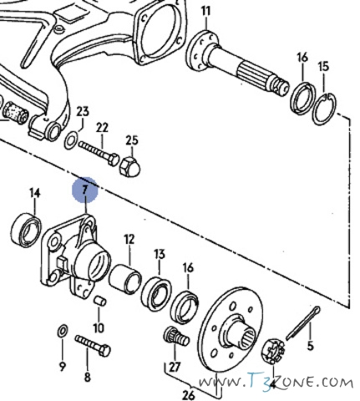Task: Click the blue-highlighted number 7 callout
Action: point(85,190)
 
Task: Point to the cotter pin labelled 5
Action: point(303,323)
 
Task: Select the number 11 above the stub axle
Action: point(206,12)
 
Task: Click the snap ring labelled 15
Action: point(324,109)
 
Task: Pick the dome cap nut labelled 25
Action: point(129,166)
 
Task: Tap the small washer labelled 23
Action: point(71,140)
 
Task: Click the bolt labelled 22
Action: point(99,153)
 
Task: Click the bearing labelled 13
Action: point(156,294)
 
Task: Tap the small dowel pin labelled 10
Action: point(100,301)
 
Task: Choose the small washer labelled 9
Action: point(62,331)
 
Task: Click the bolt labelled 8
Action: point(93,346)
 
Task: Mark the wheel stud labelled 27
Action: point(176,337)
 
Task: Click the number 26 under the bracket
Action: point(190,395)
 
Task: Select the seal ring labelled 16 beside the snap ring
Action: point(302,98)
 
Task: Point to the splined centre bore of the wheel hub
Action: point(246,338)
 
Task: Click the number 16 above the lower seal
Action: point(188,268)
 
